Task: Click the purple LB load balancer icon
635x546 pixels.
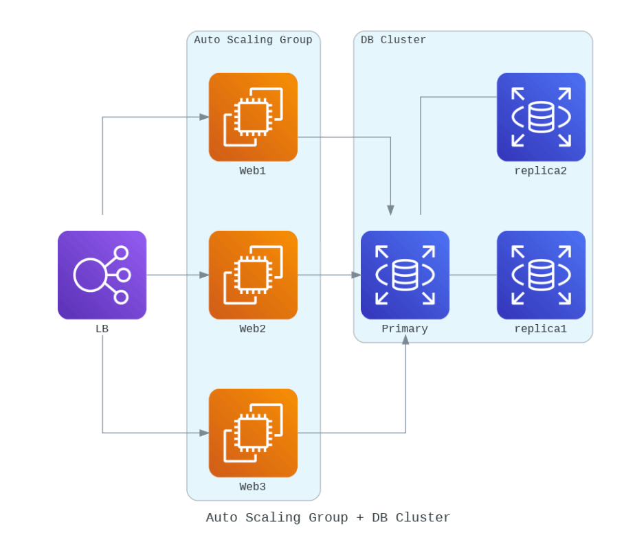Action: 102,275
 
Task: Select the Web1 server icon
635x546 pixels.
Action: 253,117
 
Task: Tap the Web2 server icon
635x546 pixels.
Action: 253,275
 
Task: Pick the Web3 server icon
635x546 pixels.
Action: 253,433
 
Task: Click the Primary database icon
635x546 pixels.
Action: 405,275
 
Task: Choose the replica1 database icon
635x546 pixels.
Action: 541,275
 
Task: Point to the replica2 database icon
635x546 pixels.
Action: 541,117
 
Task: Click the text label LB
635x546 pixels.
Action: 102,329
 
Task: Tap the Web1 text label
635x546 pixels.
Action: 252,171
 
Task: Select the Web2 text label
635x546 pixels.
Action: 252,329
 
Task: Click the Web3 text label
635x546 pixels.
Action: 252,487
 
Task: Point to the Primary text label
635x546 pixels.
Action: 405,329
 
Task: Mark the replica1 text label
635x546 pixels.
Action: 540,329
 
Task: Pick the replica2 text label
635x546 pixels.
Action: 540,171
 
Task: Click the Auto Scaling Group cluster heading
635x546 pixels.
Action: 253,40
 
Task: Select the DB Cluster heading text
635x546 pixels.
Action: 393,40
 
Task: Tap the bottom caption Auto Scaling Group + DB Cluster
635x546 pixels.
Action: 328,518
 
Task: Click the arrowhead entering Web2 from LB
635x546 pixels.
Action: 204,275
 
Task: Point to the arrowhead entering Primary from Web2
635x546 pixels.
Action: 356,275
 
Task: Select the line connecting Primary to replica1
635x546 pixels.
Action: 473,275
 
